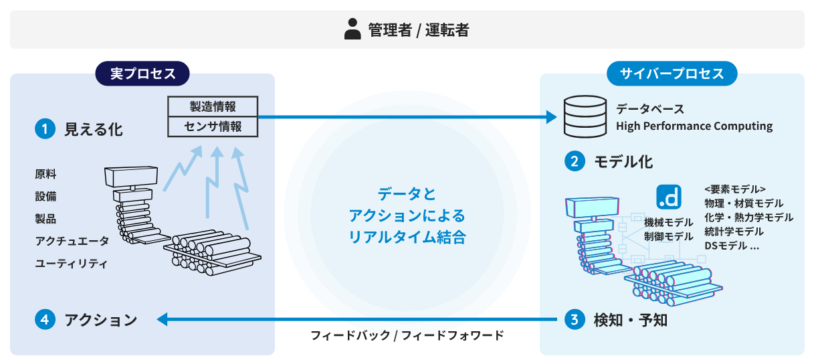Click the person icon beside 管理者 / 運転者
(352, 29)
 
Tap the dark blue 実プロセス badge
(142, 74)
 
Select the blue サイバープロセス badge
(672, 74)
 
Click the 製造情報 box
(213, 106)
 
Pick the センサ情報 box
(213, 126)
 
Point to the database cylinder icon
(585, 116)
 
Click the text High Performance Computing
(694, 126)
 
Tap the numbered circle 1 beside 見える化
(45, 129)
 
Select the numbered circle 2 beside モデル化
(575, 161)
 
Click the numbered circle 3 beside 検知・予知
(575, 320)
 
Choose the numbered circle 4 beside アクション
(45, 320)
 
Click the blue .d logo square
(668, 197)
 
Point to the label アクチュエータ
(72, 241)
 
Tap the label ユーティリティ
(71, 263)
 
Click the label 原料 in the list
(45, 174)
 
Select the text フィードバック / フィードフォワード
(407, 335)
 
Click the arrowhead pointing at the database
(552, 117)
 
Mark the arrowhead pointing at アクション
(162, 320)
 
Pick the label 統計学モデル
(734, 232)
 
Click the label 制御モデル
(668, 236)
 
